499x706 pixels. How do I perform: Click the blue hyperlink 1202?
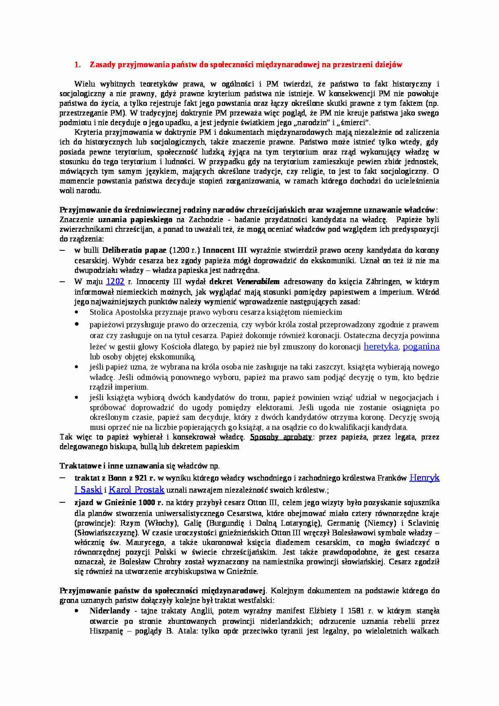[115, 282]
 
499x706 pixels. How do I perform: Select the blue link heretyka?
[381, 347]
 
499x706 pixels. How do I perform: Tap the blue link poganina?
[421, 347]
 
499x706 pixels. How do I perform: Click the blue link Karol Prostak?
[136, 490]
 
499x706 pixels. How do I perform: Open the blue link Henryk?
[424, 478]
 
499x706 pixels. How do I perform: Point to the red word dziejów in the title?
[388, 65]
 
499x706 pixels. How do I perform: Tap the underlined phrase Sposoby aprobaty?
[281, 437]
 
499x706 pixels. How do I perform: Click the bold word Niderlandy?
[110, 611]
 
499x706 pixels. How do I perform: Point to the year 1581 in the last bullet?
[356, 611]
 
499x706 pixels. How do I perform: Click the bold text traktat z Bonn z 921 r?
[115, 478]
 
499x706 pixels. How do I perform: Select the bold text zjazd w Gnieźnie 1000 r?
[119, 503]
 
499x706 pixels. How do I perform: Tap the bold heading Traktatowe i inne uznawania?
[111, 466]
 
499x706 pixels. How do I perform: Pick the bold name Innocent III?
[224, 250]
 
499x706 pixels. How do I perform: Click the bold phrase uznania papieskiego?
[135, 220]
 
